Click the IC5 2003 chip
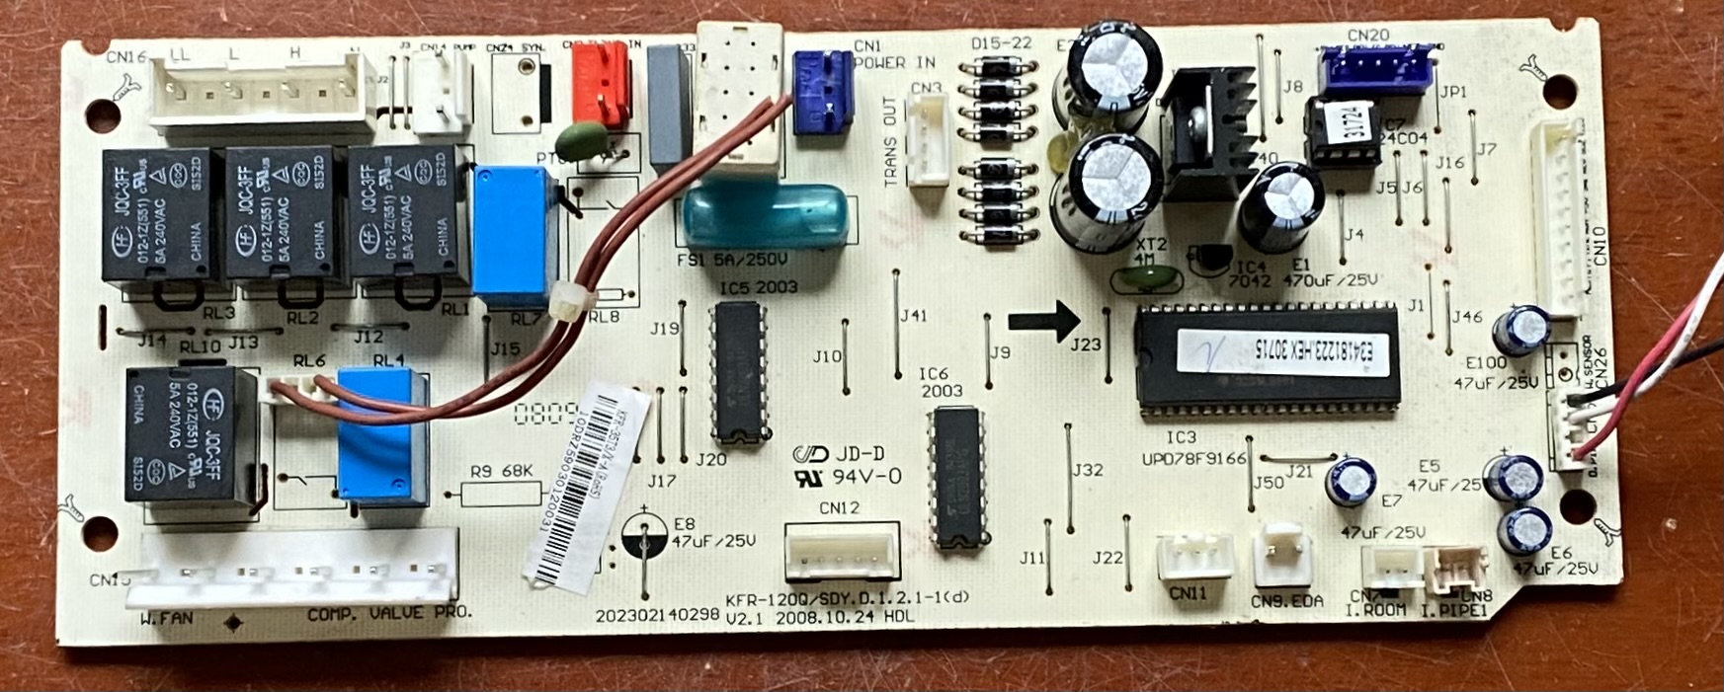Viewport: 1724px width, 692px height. [x=739, y=372]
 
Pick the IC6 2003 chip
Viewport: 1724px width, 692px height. [x=956, y=476]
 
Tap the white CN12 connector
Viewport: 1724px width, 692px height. [x=842, y=551]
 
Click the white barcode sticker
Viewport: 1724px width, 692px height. [x=585, y=484]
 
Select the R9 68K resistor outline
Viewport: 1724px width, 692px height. [x=501, y=492]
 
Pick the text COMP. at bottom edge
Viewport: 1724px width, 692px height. [x=331, y=614]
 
